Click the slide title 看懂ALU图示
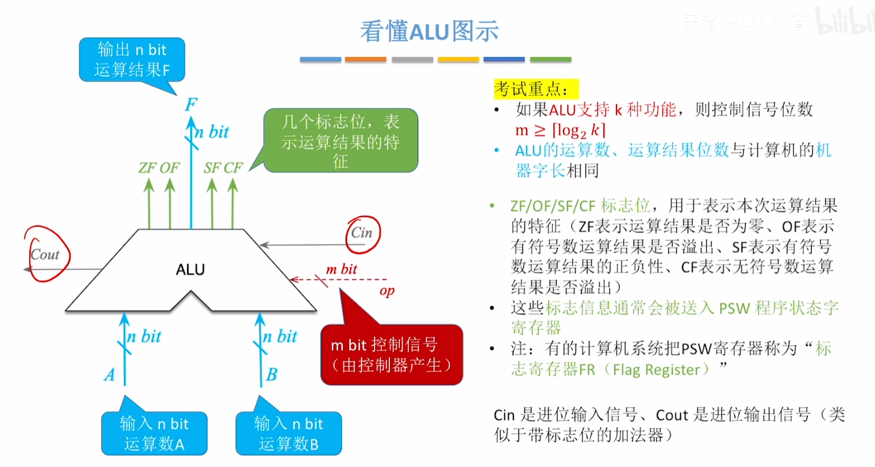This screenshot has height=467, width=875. click(x=429, y=31)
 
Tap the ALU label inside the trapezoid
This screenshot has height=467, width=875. click(x=190, y=270)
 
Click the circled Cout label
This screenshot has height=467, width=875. click(x=45, y=255)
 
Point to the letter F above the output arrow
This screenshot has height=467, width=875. click(x=191, y=104)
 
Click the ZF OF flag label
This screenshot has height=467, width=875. click(x=159, y=168)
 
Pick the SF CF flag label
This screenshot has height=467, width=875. click(x=223, y=168)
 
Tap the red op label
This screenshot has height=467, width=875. click(x=387, y=291)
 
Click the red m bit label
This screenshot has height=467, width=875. click(x=341, y=269)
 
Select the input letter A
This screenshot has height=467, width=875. click(x=110, y=375)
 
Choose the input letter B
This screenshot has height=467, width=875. click(x=272, y=375)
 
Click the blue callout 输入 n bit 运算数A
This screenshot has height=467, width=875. click(x=154, y=433)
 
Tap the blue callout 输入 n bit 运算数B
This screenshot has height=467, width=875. click(x=289, y=433)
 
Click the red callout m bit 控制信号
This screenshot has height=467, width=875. click(x=391, y=355)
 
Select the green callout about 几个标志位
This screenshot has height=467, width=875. click(x=341, y=141)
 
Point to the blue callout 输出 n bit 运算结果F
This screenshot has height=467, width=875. click(x=132, y=60)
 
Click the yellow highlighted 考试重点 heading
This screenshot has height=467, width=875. click(x=535, y=89)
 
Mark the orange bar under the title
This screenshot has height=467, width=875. click(x=366, y=60)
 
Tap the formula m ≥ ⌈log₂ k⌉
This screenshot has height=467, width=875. click(x=560, y=130)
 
